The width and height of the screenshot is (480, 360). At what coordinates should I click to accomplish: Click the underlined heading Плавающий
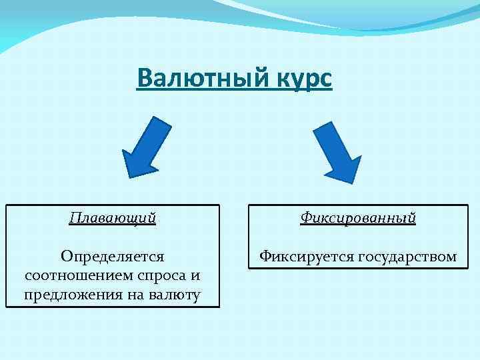click(113, 217)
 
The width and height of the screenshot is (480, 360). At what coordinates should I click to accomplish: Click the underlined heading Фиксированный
click(358, 217)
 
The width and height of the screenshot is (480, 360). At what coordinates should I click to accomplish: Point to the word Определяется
click(112, 256)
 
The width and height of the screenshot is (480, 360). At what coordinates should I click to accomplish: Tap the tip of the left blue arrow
click(127, 175)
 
